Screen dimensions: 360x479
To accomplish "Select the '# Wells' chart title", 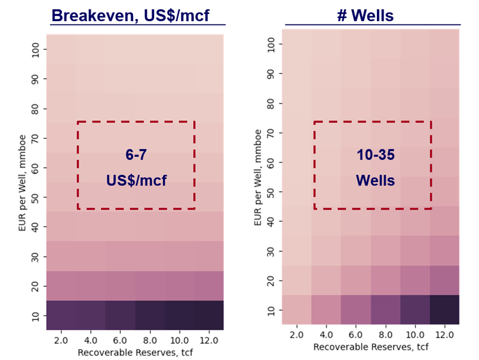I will click(365, 15).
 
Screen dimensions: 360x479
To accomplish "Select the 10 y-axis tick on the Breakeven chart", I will click(35, 316).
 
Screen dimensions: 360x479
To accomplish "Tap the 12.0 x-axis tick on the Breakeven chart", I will click(208, 339).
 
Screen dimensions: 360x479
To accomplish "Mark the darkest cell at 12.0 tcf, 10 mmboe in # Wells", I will click(444, 310).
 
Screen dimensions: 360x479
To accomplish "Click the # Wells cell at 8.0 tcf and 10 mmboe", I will click(385, 310).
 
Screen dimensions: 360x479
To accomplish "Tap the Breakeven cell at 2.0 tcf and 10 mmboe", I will click(61, 316).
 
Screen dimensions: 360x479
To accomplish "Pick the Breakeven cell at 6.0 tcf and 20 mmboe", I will click(120, 286).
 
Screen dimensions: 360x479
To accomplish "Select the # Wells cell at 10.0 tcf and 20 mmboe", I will click(415, 281).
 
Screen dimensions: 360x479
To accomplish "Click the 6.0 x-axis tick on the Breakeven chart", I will click(120, 339).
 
